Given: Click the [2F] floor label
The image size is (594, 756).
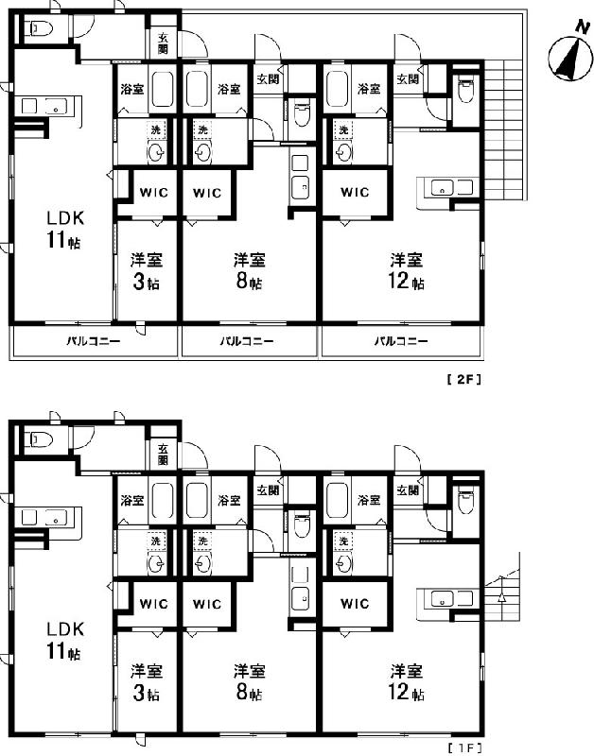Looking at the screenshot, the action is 463,380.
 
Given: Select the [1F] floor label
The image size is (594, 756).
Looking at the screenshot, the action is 464,748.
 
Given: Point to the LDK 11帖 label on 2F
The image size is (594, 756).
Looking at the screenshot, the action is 65,229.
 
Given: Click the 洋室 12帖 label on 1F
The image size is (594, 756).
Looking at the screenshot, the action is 407,681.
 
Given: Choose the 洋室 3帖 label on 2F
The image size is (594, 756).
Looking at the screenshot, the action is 147,271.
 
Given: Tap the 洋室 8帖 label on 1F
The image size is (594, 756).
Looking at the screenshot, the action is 249,681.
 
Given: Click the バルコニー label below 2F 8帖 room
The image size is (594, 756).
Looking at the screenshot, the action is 247,342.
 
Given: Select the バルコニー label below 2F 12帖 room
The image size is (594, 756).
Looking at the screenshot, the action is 401,342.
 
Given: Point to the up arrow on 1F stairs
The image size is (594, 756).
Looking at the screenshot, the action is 501,597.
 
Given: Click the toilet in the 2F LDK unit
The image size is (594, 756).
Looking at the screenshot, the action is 41,29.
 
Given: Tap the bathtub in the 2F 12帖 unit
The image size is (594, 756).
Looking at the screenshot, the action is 337,89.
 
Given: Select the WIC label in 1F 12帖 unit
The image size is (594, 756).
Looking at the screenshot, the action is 355,604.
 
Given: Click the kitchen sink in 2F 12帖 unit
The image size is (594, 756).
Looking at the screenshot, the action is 442,187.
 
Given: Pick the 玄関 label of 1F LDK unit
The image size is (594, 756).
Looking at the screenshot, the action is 163,455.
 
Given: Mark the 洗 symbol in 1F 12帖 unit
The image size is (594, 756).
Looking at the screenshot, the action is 343,541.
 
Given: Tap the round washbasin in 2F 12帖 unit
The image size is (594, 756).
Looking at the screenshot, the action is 343,153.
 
